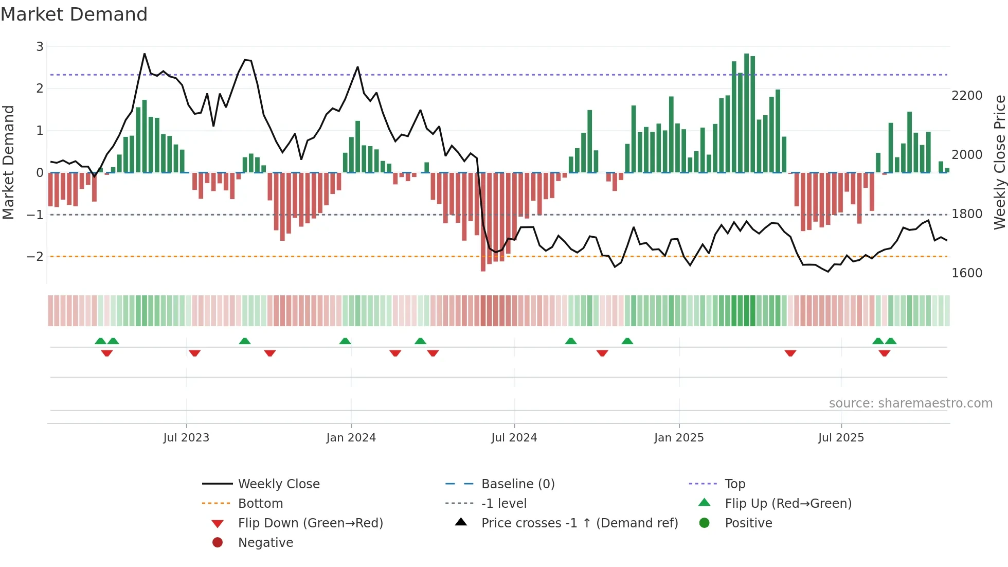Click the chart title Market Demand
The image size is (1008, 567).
(x=74, y=14)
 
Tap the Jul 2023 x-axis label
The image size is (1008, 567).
(x=186, y=438)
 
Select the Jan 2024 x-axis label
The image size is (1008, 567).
(x=351, y=438)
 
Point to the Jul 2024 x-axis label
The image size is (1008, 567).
(x=514, y=438)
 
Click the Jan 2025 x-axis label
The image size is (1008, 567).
(x=679, y=438)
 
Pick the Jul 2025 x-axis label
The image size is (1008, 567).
(x=841, y=438)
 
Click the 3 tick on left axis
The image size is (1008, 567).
(x=40, y=47)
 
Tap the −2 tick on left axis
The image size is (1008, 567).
(x=35, y=257)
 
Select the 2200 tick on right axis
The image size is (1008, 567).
(x=967, y=96)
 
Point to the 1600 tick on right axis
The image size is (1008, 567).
(x=967, y=273)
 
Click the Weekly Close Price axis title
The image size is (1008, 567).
(x=999, y=162)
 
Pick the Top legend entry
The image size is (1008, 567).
(x=735, y=484)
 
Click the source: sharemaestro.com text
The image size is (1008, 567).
(x=910, y=403)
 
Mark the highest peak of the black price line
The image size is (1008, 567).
(x=145, y=54)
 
